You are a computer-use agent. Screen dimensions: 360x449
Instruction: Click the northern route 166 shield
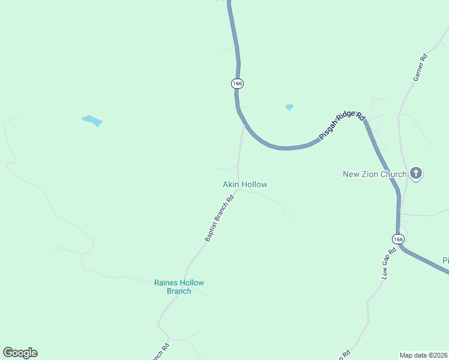click(x=237, y=83)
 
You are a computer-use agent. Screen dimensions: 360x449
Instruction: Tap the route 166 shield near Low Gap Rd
click(x=399, y=239)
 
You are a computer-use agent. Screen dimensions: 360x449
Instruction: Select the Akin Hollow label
click(x=245, y=184)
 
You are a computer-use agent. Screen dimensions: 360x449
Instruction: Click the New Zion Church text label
click(x=375, y=175)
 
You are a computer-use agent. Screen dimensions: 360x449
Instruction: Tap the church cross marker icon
click(x=416, y=175)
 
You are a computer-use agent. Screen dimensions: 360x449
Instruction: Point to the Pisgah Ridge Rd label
click(x=342, y=126)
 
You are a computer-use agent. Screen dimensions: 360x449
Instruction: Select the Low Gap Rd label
click(x=389, y=263)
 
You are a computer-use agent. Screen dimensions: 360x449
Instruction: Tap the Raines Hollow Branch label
click(x=179, y=287)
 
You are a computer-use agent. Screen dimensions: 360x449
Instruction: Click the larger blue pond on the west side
click(x=92, y=121)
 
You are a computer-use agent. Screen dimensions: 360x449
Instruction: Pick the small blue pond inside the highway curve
click(x=289, y=107)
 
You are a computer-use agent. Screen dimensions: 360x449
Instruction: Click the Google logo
click(x=20, y=353)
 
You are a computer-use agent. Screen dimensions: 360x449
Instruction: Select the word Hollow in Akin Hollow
click(x=254, y=184)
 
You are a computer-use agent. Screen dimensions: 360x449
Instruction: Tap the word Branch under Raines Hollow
click(x=179, y=291)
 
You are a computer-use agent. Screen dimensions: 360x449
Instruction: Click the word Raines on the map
click(x=166, y=283)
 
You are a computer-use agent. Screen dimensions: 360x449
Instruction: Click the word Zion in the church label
click(x=371, y=175)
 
